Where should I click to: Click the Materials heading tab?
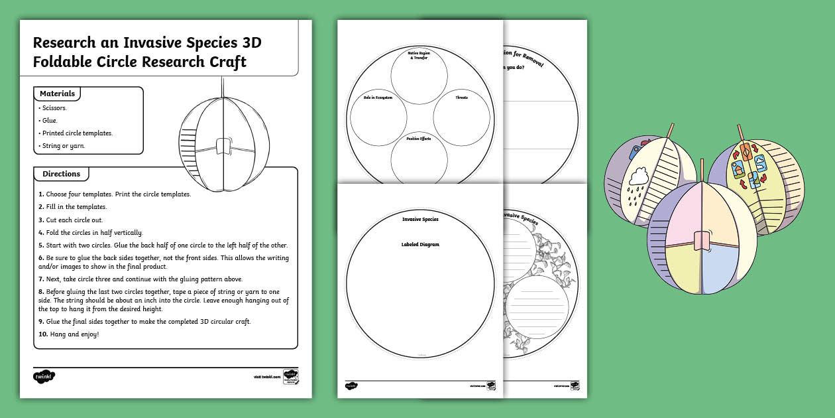pyautogui.click(x=57, y=94)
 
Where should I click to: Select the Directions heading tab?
pyautogui.click(x=61, y=174)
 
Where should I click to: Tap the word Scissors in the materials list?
pyautogui.click(x=54, y=107)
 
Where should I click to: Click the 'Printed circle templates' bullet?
pyautogui.click(x=76, y=133)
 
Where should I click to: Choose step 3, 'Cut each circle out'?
pyautogui.click(x=70, y=220)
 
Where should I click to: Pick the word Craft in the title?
pyautogui.click(x=225, y=62)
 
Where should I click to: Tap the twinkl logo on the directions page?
pyautogui.click(x=44, y=376)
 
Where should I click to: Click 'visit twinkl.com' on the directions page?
pyautogui.click(x=266, y=377)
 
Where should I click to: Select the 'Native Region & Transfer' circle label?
pyautogui.click(x=417, y=54)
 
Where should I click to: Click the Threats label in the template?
pyautogui.click(x=461, y=98)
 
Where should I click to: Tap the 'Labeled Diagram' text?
pyautogui.click(x=420, y=244)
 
